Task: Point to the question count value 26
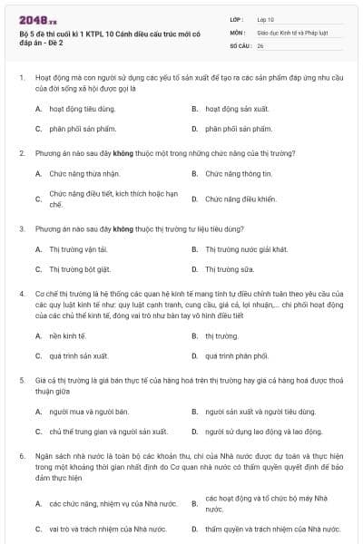260,44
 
